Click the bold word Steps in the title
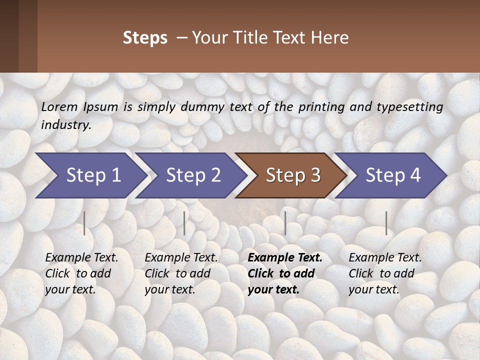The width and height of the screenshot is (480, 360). [145, 38]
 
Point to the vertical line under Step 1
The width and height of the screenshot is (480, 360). [84, 223]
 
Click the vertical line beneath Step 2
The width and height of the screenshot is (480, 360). [184, 223]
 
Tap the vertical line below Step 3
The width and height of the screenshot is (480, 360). [285, 223]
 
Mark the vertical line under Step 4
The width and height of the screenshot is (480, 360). [386, 223]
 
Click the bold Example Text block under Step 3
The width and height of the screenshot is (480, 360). [284, 273]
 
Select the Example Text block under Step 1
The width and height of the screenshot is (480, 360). [81, 273]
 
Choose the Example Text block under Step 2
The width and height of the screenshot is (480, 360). [181, 273]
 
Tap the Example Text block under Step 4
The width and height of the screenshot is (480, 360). [385, 273]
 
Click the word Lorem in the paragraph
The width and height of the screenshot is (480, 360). [59, 107]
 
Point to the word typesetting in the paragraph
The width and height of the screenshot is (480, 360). [413, 107]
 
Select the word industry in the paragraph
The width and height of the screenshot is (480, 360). [65, 125]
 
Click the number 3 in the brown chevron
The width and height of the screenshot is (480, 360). [315, 175]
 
